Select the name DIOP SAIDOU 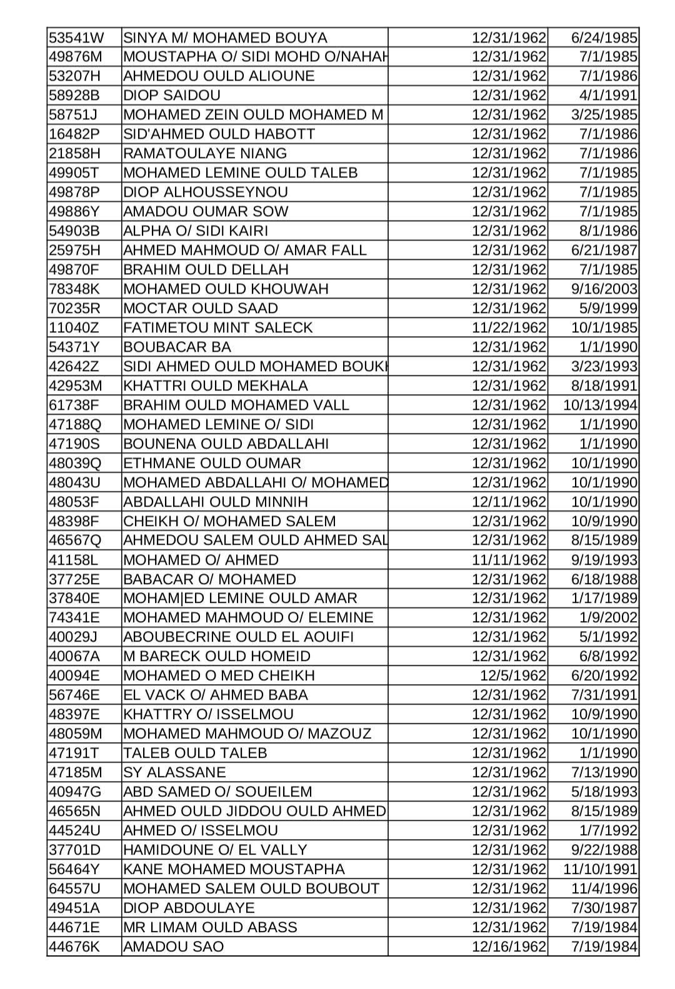pyautogui.click(x=172, y=96)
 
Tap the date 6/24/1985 pyautogui.click(x=604, y=37)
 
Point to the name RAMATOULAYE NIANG pyautogui.click(x=205, y=154)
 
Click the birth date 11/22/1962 pyautogui.click(x=509, y=328)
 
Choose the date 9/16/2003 pyautogui.click(x=604, y=289)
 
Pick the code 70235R pyautogui.click(x=74, y=309)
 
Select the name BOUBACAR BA pyautogui.click(x=177, y=347)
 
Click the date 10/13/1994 pyautogui.click(x=600, y=405)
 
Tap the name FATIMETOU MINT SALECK pyautogui.click(x=217, y=328)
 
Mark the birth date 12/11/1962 pyautogui.click(x=509, y=502)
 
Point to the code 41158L pyautogui.click(x=74, y=560)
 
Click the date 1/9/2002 pyautogui.click(x=608, y=618)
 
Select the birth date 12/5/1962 pyautogui.click(x=512, y=676)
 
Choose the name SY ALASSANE pyautogui.click(x=174, y=773)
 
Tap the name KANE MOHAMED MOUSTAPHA pyautogui.click(x=234, y=870)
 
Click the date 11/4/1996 pyautogui.click(x=604, y=889)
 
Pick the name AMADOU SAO pyautogui.click(x=173, y=947)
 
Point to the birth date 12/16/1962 pyautogui.click(x=509, y=947)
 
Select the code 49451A pyautogui.click(x=74, y=908)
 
